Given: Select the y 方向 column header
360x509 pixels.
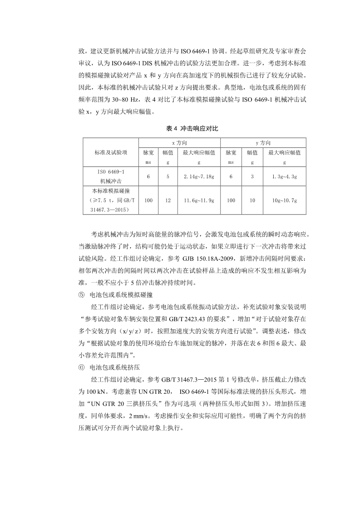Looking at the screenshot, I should tap(260, 143).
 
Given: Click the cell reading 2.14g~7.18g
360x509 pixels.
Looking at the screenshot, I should tap(199, 176).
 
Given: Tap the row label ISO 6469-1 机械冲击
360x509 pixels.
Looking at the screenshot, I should tap(111, 176).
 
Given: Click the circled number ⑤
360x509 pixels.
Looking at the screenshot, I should tap(81, 294).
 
